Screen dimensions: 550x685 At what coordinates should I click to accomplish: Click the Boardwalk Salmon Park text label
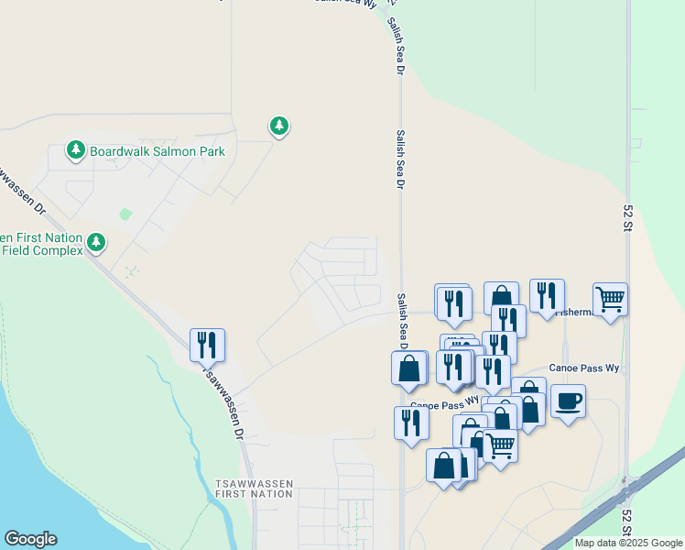tap(157, 150)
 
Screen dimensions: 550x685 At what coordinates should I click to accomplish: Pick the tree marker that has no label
tap(279, 126)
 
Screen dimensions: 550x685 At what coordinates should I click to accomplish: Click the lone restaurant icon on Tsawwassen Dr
tap(207, 345)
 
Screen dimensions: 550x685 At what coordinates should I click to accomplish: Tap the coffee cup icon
tap(568, 401)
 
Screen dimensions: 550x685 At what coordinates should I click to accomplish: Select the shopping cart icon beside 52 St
tap(610, 299)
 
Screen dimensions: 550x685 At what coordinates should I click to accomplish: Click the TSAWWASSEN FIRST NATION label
tap(254, 488)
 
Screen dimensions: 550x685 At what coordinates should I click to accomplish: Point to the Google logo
tap(30, 539)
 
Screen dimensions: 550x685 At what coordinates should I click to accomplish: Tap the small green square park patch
tap(125, 214)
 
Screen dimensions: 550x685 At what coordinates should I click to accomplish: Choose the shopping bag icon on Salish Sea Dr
tap(409, 368)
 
